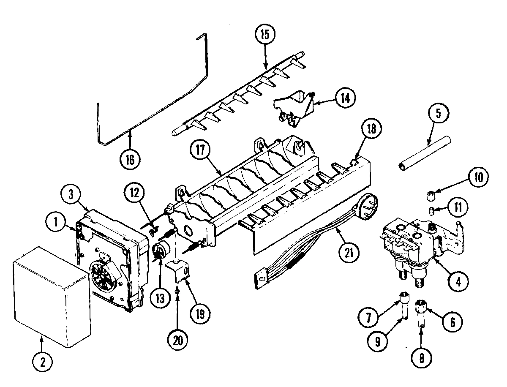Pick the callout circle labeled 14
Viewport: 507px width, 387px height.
tap(344, 97)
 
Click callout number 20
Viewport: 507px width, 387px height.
tap(177, 340)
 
